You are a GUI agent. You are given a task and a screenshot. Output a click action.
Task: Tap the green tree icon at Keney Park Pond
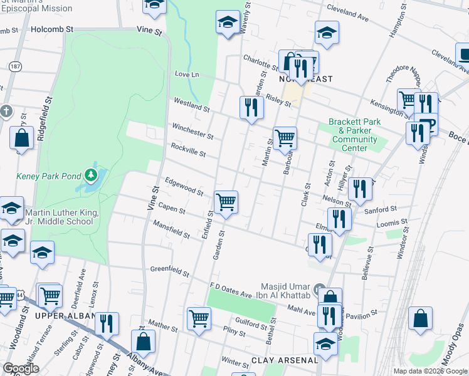click(92, 174)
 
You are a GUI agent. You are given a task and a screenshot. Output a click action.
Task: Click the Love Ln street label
click(186, 75)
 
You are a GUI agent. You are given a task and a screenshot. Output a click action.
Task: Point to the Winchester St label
click(192, 131)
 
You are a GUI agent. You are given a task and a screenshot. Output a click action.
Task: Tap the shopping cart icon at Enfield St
click(226, 202)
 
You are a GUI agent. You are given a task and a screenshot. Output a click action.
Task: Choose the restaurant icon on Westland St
click(251, 107)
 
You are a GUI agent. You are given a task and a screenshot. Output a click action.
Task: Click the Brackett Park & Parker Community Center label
click(354, 135)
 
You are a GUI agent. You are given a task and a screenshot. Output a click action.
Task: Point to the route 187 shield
click(14, 66)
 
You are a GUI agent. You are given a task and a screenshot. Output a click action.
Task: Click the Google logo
click(21, 368)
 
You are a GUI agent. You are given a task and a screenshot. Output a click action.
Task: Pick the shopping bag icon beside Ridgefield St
click(22, 138)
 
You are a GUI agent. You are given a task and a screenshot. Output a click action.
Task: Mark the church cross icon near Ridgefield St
click(6, 112)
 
